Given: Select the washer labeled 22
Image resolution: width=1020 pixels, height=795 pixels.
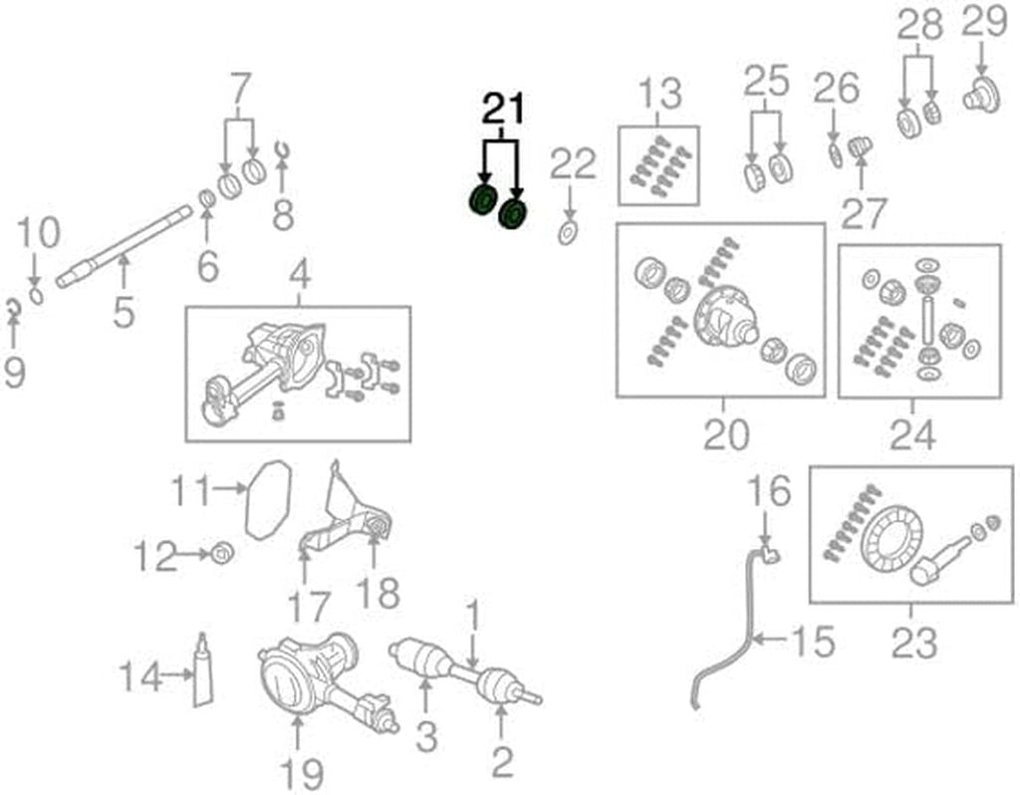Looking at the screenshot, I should [x=567, y=235].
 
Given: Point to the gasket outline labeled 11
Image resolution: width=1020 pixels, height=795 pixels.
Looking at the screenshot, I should [x=267, y=498].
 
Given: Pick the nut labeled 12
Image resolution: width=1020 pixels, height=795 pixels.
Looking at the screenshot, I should [x=222, y=551].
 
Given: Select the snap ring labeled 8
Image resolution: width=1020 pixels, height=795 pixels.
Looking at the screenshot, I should [x=283, y=150].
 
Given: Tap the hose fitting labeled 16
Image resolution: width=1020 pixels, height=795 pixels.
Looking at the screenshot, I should [x=768, y=554].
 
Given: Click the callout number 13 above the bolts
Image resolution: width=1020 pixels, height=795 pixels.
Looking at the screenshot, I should [x=658, y=95].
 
